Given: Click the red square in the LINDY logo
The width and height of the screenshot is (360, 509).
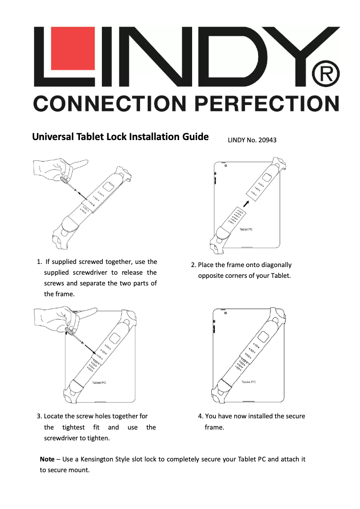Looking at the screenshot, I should (x=72, y=49).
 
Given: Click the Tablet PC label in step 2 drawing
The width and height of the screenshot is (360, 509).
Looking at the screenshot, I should (x=246, y=229).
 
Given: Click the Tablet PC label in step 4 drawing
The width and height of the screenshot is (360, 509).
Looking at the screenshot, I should (x=249, y=382).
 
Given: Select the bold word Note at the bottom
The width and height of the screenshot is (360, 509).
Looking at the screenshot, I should (x=47, y=460).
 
